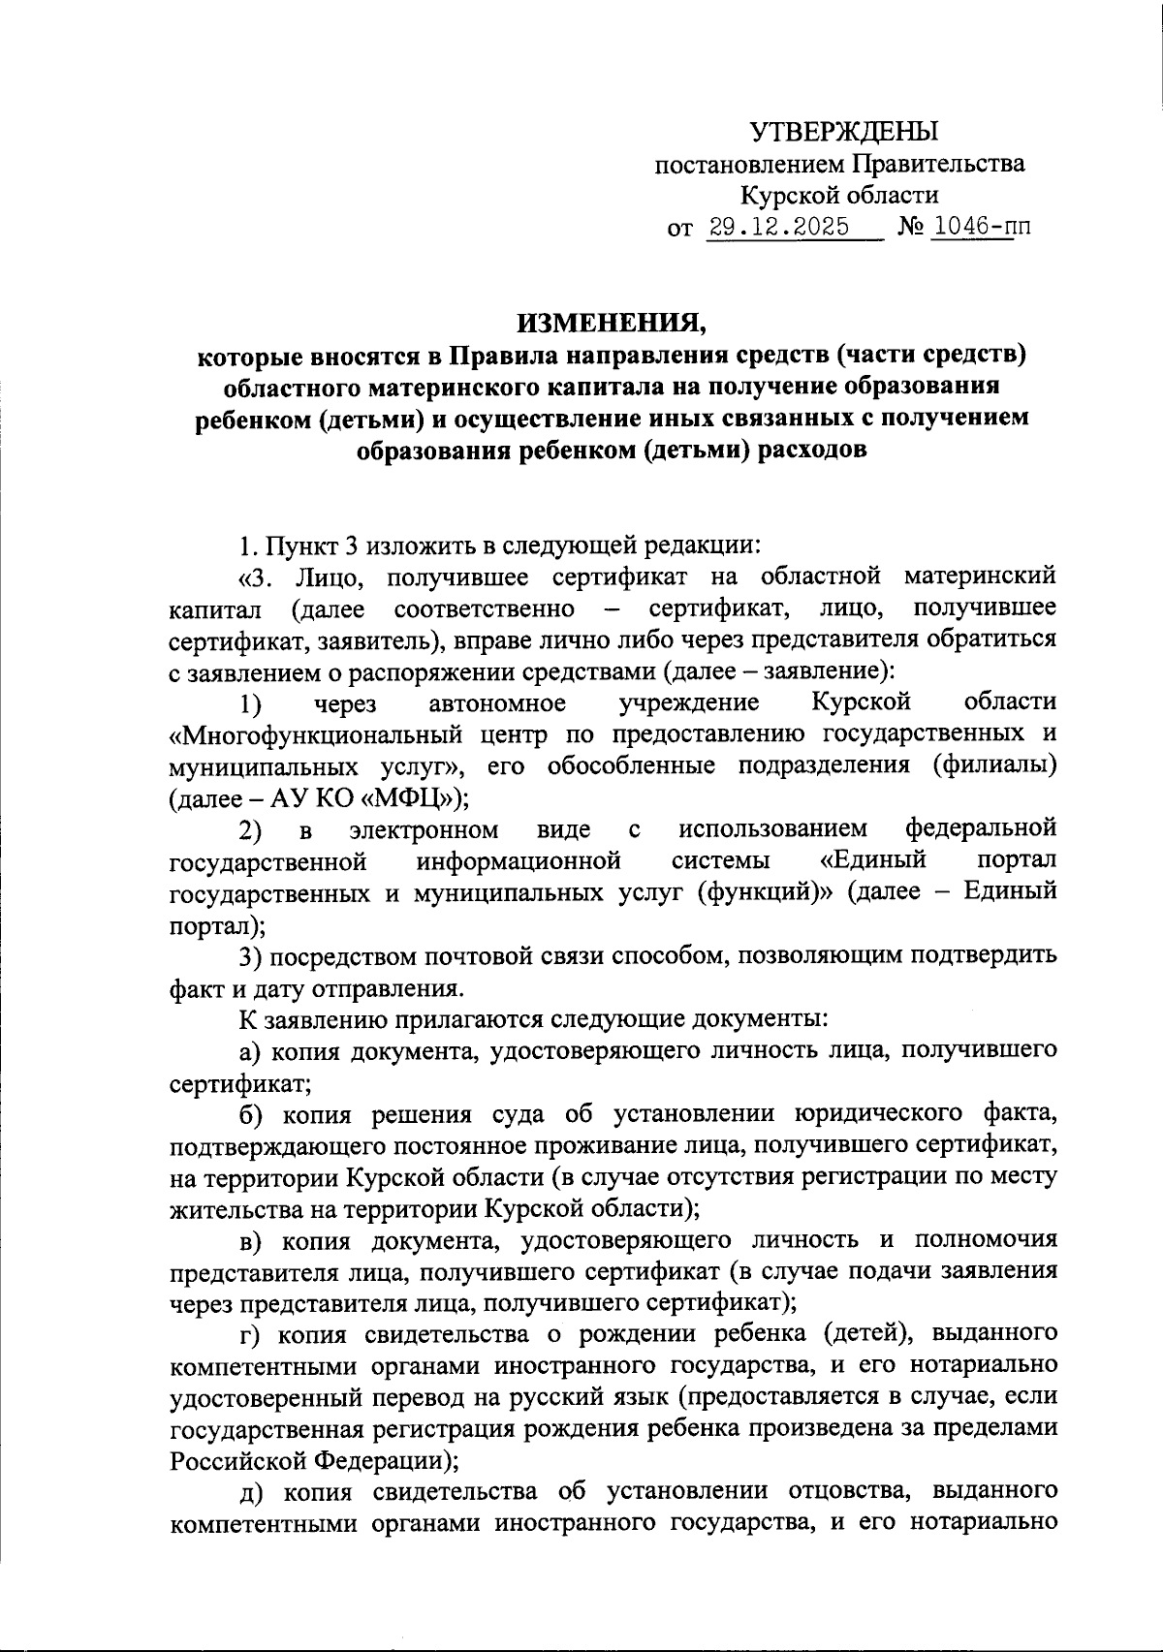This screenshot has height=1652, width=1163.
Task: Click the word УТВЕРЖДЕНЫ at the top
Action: coord(845,131)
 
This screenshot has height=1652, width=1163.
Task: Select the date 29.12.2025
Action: coord(779,228)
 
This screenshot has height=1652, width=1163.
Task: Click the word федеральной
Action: coord(980,828)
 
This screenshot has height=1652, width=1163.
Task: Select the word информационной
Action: coord(519,860)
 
